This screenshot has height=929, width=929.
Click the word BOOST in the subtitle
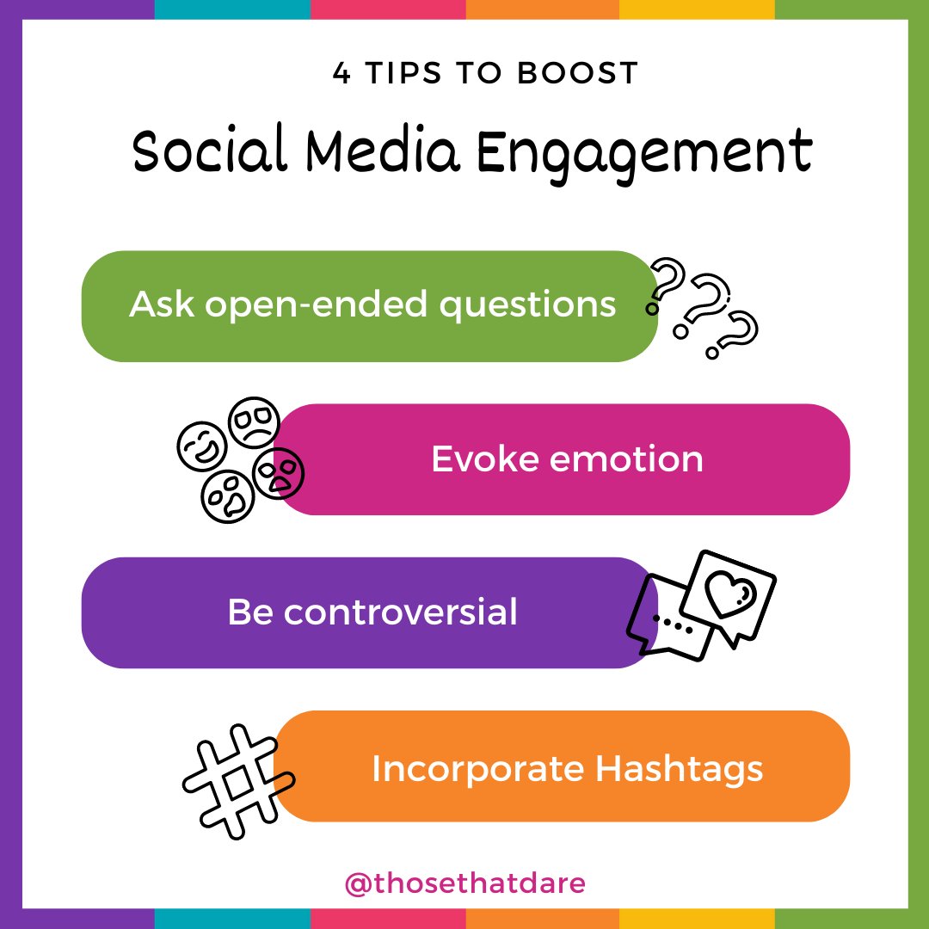click(x=578, y=73)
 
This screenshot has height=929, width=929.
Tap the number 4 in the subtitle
click(x=341, y=73)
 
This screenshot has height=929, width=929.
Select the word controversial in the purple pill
click(x=401, y=612)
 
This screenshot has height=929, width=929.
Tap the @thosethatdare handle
click(x=464, y=883)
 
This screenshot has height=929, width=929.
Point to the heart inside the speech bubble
click(x=729, y=592)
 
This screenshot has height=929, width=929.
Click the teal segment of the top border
click(x=232, y=9)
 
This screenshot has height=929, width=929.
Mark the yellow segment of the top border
click(x=697, y=9)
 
